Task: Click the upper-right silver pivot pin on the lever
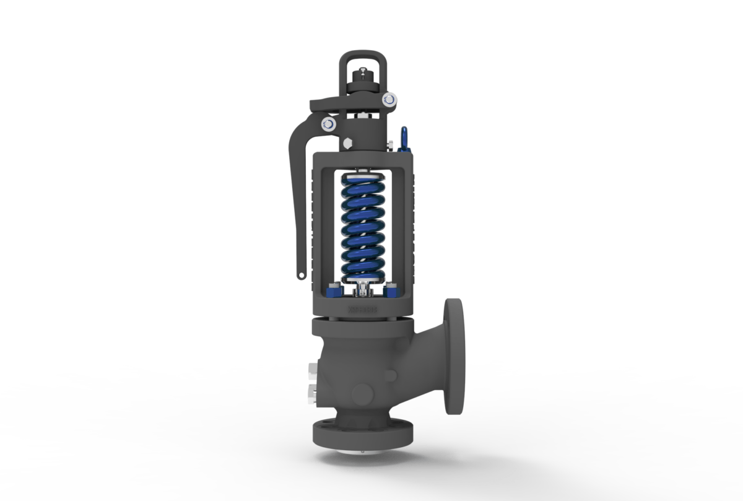point(389,98)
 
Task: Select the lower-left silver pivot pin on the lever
point(328,124)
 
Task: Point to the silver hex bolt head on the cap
point(347,144)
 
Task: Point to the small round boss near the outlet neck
point(390,375)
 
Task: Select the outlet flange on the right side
point(454,356)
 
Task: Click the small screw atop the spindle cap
point(363,72)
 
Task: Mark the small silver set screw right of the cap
point(390,146)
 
